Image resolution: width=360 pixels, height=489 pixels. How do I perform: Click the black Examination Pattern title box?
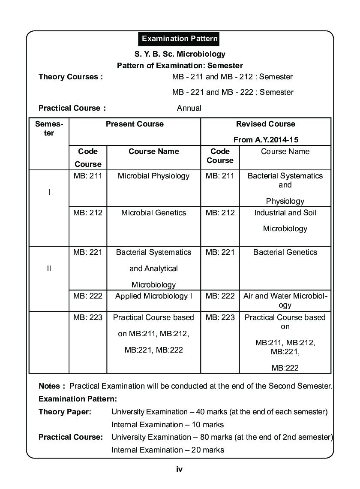click(x=180, y=39)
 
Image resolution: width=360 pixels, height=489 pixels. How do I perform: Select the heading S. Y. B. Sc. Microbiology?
click(x=180, y=54)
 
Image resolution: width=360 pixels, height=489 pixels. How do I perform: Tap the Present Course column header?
click(x=135, y=124)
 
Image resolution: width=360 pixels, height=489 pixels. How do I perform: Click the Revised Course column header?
click(x=265, y=124)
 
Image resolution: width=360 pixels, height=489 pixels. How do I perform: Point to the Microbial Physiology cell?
click(x=153, y=176)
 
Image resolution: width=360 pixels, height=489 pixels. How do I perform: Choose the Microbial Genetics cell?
click(x=153, y=213)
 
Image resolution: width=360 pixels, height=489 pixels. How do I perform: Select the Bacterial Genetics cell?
click(x=285, y=252)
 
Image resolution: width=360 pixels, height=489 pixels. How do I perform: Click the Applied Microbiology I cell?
click(x=153, y=296)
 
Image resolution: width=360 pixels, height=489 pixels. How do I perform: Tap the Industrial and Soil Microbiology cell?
click(x=285, y=220)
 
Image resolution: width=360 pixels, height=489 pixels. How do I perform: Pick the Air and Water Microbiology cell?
click(x=285, y=300)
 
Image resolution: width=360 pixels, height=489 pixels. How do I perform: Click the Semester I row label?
click(x=49, y=193)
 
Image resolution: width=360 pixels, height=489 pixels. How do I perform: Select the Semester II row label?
click(x=49, y=269)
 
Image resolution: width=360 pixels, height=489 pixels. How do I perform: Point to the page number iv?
click(x=180, y=469)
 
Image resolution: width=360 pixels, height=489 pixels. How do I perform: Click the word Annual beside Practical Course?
click(x=189, y=108)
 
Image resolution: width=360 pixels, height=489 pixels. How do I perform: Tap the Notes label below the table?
click(x=52, y=386)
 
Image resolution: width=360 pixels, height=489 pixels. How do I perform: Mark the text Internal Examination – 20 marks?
click(x=168, y=450)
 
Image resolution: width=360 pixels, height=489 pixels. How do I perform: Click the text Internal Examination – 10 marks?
click(x=168, y=425)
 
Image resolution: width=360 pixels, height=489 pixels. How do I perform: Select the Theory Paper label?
click(x=65, y=412)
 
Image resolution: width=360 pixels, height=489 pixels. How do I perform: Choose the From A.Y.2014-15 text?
click(x=265, y=140)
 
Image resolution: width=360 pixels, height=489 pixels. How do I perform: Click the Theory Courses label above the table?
click(x=71, y=77)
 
